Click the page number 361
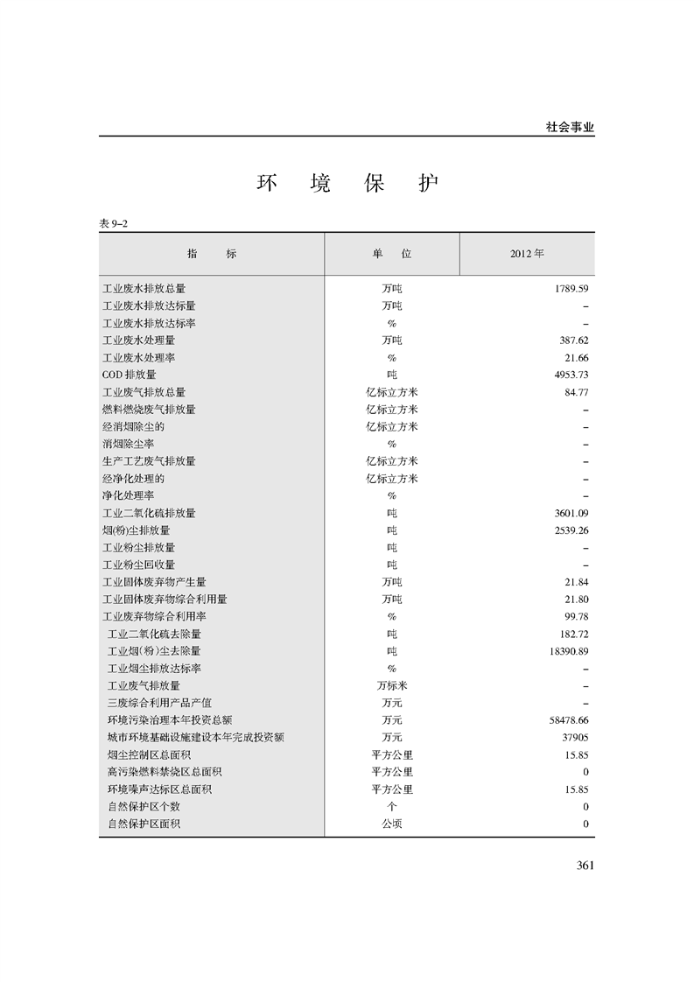pos(585,866)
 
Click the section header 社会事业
pos(570,127)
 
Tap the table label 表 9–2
pos(115,224)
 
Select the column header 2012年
pos(527,254)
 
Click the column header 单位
pos(391,254)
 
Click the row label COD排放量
pos(129,375)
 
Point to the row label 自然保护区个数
pos(144,806)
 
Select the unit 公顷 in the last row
pos(391,824)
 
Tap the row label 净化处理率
pos(129,495)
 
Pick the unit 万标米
pos(391,685)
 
